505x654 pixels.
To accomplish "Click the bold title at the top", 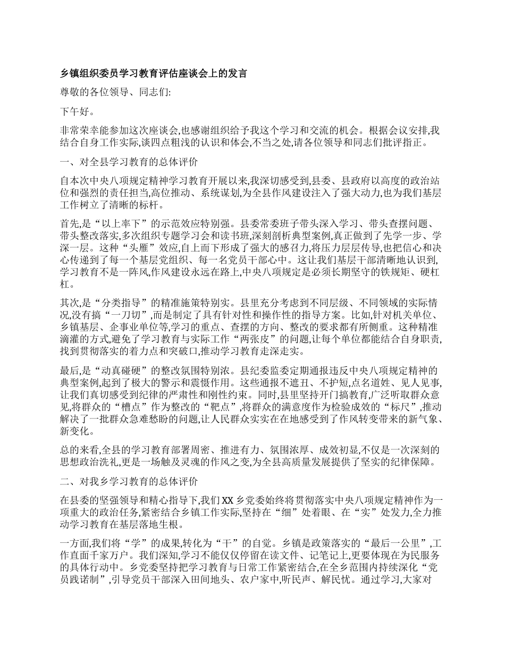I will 154,73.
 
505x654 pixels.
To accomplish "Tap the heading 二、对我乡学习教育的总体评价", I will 130,482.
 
